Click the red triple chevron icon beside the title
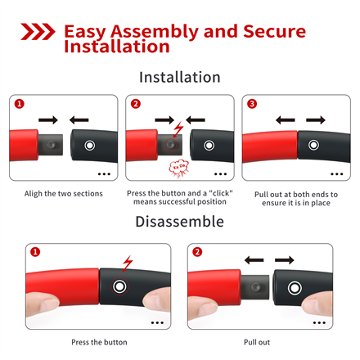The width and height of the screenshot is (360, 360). (x=38, y=32)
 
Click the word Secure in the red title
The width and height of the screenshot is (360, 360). (x=274, y=31)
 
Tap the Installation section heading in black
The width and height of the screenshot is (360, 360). (x=180, y=77)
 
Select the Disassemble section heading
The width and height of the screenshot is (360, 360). (x=180, y=222)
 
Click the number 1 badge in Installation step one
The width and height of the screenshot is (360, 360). (x=20, y=104)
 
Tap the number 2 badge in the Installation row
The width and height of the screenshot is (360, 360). (x=136, y=104)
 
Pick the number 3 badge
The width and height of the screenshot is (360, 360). (x=252, y=104)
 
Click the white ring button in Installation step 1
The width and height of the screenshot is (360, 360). (x=90, y=146)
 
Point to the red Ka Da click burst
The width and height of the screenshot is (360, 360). (x=178, y=169)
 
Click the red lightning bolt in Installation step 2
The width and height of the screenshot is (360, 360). (x=178, y=129)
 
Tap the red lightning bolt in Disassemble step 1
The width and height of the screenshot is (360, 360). (x=128, y=263)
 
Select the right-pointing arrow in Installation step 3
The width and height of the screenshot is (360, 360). (x=316, y=120)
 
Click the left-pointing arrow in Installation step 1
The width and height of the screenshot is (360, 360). (x=79, y=120)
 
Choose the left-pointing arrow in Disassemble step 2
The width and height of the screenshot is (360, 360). (x=254, y=260)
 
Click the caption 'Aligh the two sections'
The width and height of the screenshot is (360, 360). (x=64, y=194)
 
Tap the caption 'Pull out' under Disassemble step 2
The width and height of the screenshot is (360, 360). (x=257, y=342)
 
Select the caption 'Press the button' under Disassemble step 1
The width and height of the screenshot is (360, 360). (x=99, y=342)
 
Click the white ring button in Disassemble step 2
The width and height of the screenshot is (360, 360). (x=295, y=288)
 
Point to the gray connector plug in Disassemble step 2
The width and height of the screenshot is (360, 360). (x=255, y=287)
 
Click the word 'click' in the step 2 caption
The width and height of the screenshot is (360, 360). (x=221, y=193)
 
